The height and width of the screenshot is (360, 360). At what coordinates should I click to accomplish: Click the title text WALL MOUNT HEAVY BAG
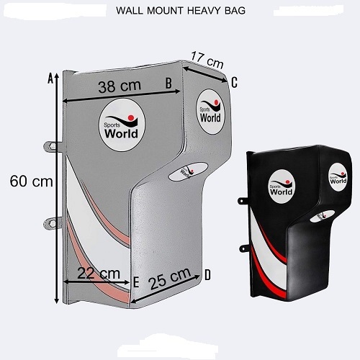coord(181,11)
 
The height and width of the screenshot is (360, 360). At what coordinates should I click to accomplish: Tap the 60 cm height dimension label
coord(31,181)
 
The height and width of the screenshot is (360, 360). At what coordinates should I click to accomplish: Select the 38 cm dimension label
coord(120,86)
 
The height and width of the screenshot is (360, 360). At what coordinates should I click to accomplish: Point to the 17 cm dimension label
coord(207,60)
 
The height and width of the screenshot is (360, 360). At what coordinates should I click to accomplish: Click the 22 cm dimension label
coord(99,273)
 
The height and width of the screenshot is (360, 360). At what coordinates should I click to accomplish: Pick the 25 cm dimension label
coord(170,279)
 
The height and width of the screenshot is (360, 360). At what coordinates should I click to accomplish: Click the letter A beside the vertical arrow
coord(50,78)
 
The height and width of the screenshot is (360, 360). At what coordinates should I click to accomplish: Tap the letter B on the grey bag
coord(168,84)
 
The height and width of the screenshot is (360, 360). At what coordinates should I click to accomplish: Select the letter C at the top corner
coord(234,82)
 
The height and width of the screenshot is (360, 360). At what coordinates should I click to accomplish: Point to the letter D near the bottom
coord(207,275)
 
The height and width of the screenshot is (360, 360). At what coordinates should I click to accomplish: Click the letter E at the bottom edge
coord(136,282)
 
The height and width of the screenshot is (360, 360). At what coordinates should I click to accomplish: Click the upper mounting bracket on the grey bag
coord(53,146)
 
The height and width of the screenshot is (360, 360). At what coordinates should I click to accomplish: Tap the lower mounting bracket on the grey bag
coord(53,224)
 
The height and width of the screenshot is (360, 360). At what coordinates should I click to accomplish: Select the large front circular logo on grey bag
coord(122,125)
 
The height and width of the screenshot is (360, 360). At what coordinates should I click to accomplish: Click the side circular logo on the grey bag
coord(210,112)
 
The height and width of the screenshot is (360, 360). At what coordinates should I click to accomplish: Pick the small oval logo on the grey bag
coord(188,171)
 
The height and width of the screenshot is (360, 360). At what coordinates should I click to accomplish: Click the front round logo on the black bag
coord(282,186)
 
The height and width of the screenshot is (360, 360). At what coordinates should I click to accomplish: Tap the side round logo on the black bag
coord(338,177)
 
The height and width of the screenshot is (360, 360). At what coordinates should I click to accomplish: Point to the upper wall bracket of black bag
coord(243,201)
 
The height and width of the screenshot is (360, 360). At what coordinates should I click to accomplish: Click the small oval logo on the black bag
coord(322,216)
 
